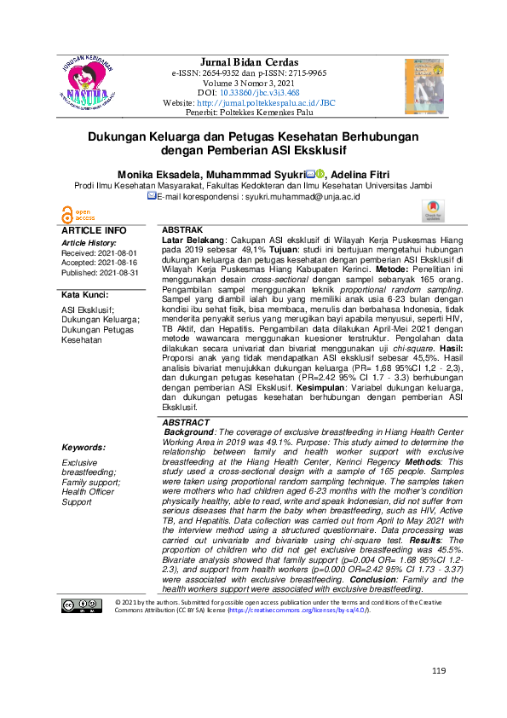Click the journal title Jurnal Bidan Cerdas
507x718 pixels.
(249, 62)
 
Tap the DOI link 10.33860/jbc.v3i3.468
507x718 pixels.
(259, 92)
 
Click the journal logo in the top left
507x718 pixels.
(91, 82)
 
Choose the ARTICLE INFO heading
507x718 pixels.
(94, 231)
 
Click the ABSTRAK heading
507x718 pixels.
(181, 231)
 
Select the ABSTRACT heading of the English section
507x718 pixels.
(185, 423)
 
